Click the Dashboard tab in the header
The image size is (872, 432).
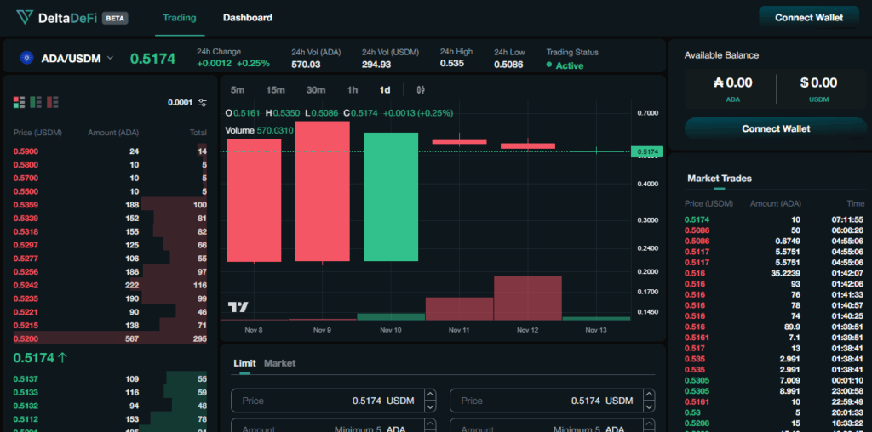[248, 17]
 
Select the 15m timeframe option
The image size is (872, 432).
[275, 89]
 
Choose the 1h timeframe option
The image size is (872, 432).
[353, 89]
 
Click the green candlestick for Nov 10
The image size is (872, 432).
[391, 196]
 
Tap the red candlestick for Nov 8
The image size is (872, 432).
[254, 200]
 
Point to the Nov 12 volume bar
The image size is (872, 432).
[527, 298]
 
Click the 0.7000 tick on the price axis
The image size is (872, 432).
[647, 112]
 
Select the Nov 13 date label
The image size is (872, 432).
[596, 330]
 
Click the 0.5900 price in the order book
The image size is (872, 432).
[26, 151]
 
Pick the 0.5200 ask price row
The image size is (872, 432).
[26, 338]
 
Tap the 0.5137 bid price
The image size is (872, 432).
[26, 378]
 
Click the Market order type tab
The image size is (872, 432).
[279, 363]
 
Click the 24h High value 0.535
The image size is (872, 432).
[452, 64]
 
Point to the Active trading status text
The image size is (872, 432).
[569, 65]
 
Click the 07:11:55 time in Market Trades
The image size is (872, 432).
[847, 219]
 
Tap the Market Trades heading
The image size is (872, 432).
[720, 179]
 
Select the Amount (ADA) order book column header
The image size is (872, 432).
[113, 133]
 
